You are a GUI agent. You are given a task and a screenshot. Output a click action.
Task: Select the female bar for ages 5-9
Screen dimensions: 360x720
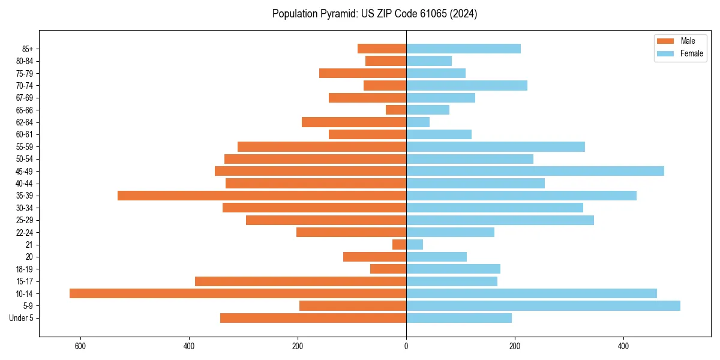pyautogui.click(x=543, y=306)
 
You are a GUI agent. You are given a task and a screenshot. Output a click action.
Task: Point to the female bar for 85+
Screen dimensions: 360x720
pyautogui.click(x=463, y=49)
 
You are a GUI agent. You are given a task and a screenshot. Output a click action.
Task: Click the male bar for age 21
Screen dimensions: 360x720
pyautogui.click(x=399, y=245)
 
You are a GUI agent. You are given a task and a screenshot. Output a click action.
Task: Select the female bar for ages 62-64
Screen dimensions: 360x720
pyautogui.click(x=418, y=122)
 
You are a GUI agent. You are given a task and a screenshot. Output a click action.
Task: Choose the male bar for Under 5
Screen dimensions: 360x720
pyautogui.click(x=313, y=318)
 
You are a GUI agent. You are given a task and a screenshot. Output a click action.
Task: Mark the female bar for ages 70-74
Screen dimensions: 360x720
pyautogui.click(x=467, y=86)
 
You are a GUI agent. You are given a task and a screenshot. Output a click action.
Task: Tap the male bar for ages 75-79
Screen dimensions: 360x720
pyautogui.click(x=362, y=73)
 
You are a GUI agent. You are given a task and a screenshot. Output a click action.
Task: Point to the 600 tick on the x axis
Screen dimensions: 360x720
pyautogui.click(x=80, y=346)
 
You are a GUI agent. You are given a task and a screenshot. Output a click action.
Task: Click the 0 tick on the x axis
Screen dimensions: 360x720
pyautogui.click(x=406, y=346)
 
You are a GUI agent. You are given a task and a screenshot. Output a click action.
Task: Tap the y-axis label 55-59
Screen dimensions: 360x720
pyautogui.click(x=23, y=147)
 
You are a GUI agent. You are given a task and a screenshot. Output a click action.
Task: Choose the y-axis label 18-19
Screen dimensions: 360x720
pyautogui.click(x=23, y=269)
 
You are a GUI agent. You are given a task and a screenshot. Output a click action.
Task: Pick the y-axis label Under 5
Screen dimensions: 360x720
pyautogui.click(x=21, y=318)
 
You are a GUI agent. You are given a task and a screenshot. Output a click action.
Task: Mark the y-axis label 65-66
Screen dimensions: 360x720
pyautogui.click(x=23, y=110)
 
